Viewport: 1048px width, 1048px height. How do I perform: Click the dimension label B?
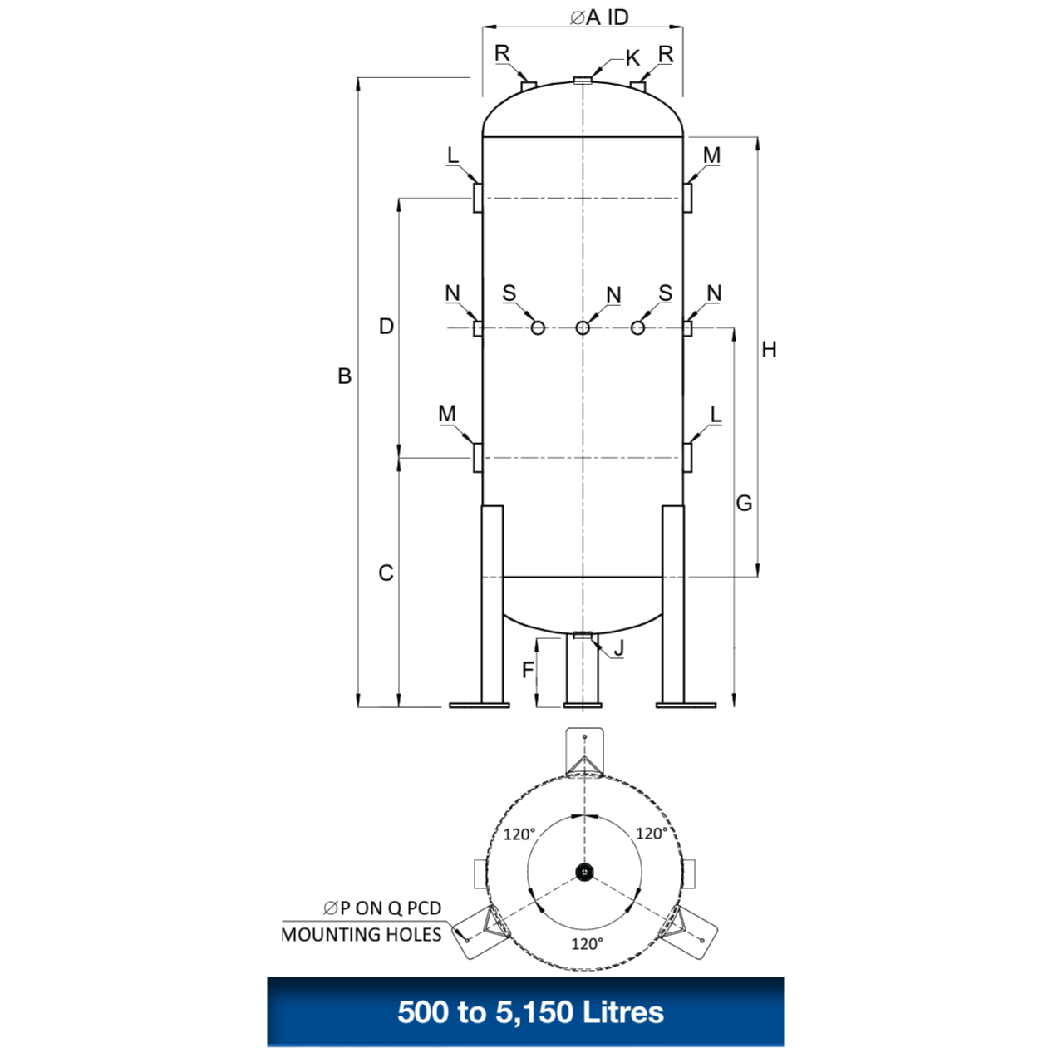pos(344,376)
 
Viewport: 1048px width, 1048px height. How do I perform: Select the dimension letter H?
pos(769,350)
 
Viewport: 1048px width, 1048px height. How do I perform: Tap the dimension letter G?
pos(744,503)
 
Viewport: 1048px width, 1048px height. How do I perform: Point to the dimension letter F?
pos(527,671)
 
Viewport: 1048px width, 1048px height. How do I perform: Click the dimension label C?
pos(386,573)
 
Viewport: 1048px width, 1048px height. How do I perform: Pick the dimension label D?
pos(386,327)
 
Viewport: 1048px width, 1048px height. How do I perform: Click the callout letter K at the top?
pos(632,58)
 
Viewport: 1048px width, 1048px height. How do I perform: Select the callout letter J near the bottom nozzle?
pos(618,647)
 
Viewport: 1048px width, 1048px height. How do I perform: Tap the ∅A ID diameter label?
pos(598,17)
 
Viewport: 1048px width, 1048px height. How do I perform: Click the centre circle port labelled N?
pos(583,328)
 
